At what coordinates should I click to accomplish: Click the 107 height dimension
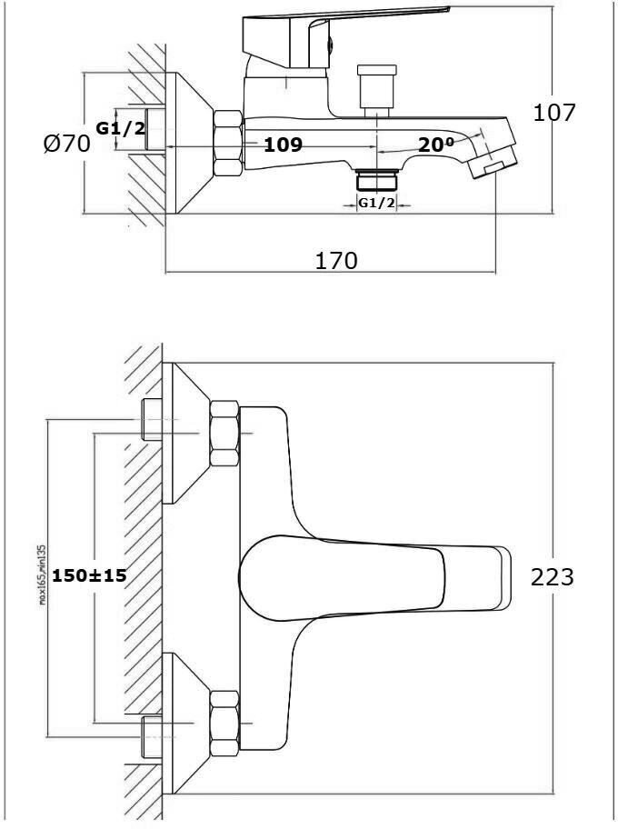pos(554,114)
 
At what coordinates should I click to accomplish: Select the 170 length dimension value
pos(336,261)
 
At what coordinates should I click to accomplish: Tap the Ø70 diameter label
pos(66,144)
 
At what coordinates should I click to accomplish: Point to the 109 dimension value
pos(283,145)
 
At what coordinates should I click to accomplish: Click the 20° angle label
pos(436,145)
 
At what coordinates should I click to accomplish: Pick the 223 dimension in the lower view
pos(552,576)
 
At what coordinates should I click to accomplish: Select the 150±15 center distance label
pos(89,575)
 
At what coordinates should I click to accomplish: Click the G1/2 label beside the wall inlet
pos(121,128)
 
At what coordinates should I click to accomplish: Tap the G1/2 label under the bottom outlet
pos(376,203)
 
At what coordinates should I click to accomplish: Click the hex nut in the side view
pos(227,144)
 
